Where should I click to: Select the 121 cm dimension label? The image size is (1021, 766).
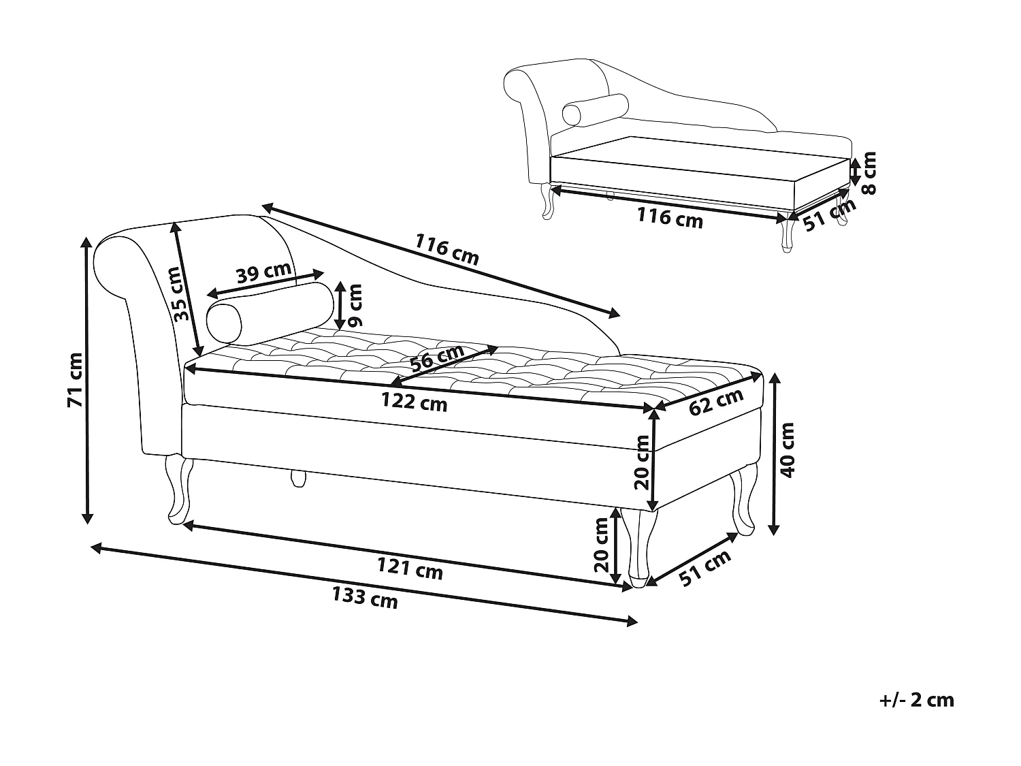(x=410, y=568)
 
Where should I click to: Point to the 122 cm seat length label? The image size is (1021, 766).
(x=414, y=402)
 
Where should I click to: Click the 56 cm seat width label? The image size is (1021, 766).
(x=437, y=357)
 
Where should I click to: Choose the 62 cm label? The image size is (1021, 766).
(x=716, y=402)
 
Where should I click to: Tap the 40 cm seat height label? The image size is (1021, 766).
(x=787, y=449)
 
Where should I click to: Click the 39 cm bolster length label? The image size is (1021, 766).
(x=263, y=272)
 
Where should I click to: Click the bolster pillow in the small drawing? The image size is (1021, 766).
(x=594, y=110)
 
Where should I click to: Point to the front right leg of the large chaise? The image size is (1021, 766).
(x=638, y=545)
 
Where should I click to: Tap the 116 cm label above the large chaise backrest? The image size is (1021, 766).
(x=447, y=249)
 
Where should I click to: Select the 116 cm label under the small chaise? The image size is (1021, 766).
(x=670, y=218)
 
